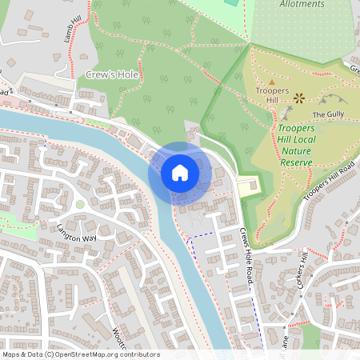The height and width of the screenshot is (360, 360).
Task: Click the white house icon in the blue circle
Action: coord(179,173)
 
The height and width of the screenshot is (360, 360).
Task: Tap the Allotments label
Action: coord(302,4)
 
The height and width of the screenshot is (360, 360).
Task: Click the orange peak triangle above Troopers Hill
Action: coord(271,82)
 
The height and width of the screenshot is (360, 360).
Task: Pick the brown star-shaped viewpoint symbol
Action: coord(300,98)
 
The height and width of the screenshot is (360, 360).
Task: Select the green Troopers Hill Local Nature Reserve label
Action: coord(296,145)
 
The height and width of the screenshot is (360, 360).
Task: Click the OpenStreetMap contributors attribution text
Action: coord(80,354)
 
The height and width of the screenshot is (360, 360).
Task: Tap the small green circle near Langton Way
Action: coord(79,205)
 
